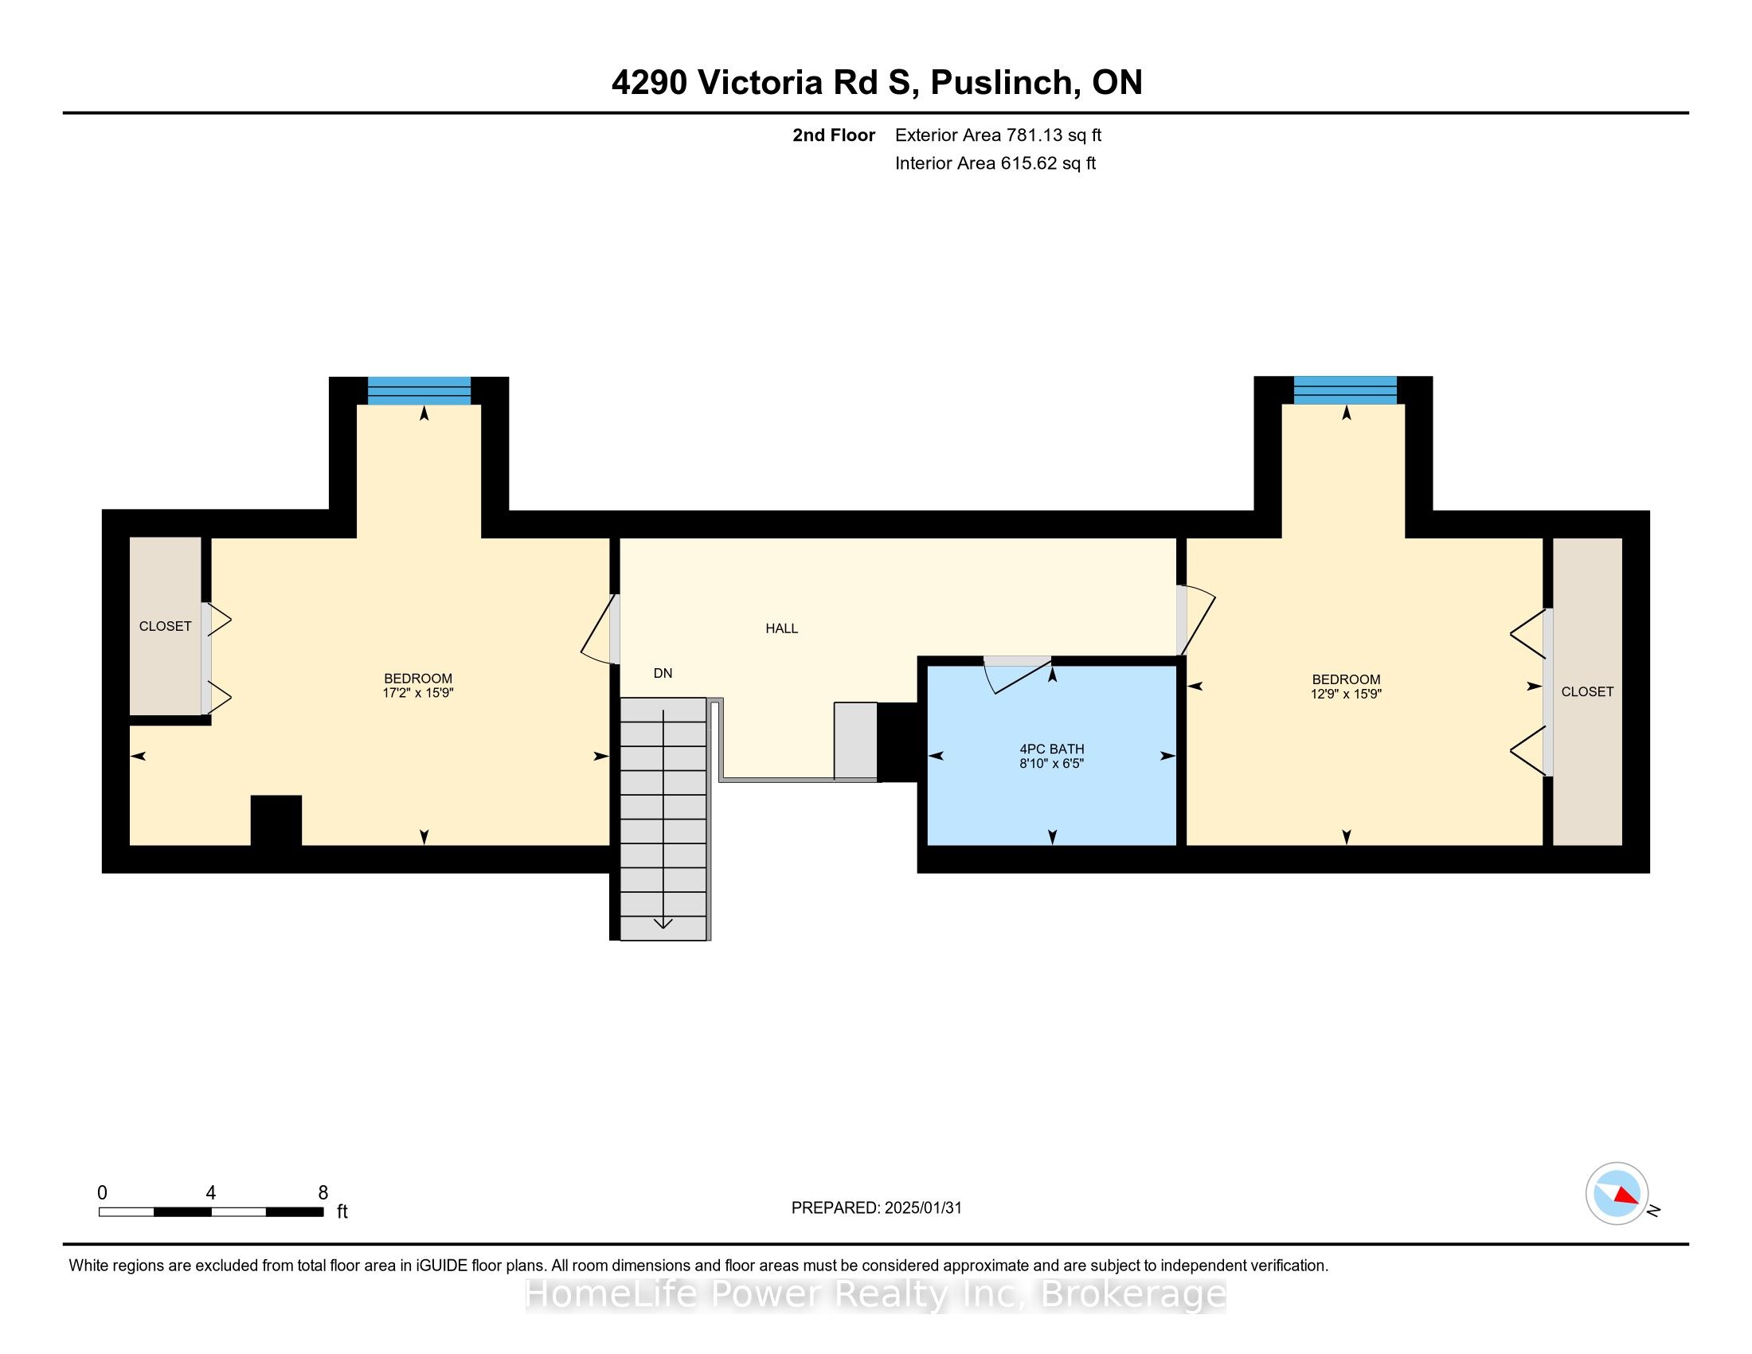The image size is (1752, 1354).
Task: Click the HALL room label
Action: [781, 629]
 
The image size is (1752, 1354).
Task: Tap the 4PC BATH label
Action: [1052, 749]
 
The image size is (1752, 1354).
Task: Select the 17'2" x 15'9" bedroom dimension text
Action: [418, 693]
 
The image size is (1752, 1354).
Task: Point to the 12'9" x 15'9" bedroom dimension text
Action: [1346, 694]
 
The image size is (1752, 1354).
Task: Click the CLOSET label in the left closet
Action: [166, 627]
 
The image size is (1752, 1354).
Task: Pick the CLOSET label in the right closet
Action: [1586, 691]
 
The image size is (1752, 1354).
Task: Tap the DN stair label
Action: [663, 674]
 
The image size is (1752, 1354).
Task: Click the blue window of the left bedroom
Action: [419, 390]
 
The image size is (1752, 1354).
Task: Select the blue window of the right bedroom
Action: [1344, 389]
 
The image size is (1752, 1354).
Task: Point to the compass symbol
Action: [1617, 1194]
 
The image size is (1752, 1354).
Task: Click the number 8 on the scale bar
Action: [323, 1193]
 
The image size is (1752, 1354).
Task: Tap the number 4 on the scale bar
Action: [210, 1193]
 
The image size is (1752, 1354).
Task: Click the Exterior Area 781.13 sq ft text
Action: [998, 135]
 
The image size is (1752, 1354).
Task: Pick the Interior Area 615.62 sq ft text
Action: [995, 163]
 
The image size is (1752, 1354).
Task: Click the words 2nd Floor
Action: [834, 135]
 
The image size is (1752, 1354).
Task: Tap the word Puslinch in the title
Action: [1000, 83]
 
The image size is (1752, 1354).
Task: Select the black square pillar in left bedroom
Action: [276, 820]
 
